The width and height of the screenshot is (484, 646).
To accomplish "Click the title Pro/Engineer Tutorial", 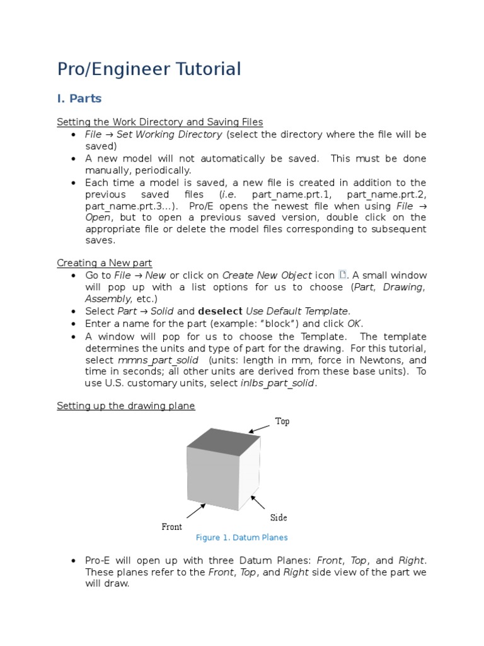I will [x=149, y=69].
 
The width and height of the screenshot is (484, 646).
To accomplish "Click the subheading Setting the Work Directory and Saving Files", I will [x=159, y=122].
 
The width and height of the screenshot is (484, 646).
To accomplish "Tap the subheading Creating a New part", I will [x=104, y=262].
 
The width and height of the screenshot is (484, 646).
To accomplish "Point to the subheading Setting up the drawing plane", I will [x=125, y=406].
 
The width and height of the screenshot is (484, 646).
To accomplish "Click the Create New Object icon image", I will [x=343, y=274].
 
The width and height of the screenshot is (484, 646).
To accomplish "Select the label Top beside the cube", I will [x=282, y=421].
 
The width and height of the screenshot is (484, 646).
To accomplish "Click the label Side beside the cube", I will [x=279, y=518].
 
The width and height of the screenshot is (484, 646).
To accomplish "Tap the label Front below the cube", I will [x=171, y=527].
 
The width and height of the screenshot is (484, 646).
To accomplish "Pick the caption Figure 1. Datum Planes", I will [x=241, y=537].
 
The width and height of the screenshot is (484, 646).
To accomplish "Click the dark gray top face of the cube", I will [x=224, y=441].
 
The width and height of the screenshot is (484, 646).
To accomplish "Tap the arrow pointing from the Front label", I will [x=196, y=510].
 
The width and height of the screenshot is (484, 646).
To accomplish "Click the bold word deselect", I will [x=220, y=311].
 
